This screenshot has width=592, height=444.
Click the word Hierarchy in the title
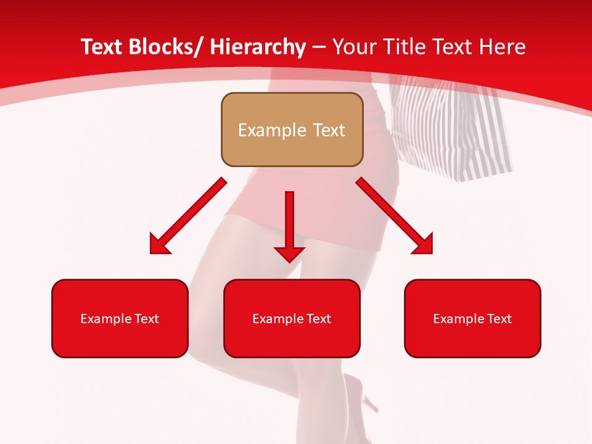[x=258, y=47]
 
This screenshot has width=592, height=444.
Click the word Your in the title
[x=353, y=47]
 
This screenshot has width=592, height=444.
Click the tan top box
[x=292, y=129]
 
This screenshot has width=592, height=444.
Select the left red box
[x=120, y=318]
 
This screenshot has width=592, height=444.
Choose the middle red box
[x=292, y=318]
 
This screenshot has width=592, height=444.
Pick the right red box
[x=472, y=318]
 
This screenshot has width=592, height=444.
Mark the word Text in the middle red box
[x=319, y=319]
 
